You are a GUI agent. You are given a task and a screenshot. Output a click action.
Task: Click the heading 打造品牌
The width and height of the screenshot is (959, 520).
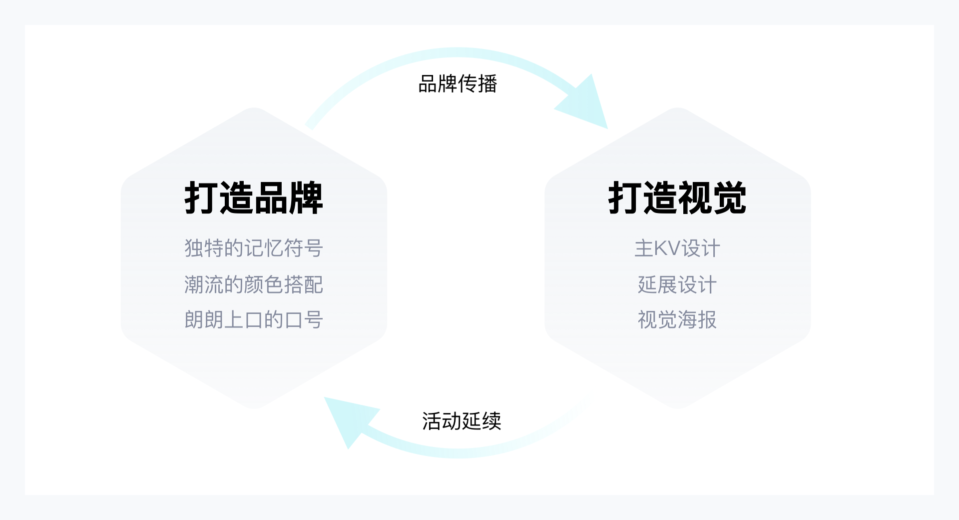point(254,198)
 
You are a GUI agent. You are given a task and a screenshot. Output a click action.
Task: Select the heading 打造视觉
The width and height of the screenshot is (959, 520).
point(677,198)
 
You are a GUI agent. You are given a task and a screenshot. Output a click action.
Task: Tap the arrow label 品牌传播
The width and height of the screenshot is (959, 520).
point(458,84)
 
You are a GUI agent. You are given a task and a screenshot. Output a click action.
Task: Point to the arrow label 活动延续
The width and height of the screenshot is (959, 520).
point(462,421)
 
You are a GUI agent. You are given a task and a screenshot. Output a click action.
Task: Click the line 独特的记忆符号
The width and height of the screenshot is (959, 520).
point(254,248)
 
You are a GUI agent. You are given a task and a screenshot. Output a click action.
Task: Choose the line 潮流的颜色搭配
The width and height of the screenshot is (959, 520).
point(254,285)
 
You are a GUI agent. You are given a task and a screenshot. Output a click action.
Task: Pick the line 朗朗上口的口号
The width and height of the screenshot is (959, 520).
point(254,320)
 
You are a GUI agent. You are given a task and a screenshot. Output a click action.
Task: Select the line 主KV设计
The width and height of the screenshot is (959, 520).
point(677,248)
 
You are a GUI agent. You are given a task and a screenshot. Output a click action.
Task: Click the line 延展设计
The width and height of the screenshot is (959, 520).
point(677,285)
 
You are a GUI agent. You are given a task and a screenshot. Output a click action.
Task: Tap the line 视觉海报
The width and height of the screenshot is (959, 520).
point(677,320)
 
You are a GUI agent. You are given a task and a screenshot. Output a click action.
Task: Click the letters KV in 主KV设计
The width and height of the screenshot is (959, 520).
point(667,248)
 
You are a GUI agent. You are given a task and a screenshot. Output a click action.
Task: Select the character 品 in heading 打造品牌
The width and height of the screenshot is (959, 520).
point(271,198)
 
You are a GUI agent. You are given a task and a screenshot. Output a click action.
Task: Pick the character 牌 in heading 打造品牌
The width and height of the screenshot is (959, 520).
point(306,198)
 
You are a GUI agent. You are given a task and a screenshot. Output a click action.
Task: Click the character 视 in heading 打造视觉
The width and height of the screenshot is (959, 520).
point(695,198)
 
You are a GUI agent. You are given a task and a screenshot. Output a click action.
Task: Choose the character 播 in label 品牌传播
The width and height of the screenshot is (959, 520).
point(487,84)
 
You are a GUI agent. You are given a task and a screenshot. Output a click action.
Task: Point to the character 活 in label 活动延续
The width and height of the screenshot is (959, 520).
point(432,421)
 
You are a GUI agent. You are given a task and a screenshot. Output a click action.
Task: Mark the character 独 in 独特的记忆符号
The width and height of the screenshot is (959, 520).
point(194,248)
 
